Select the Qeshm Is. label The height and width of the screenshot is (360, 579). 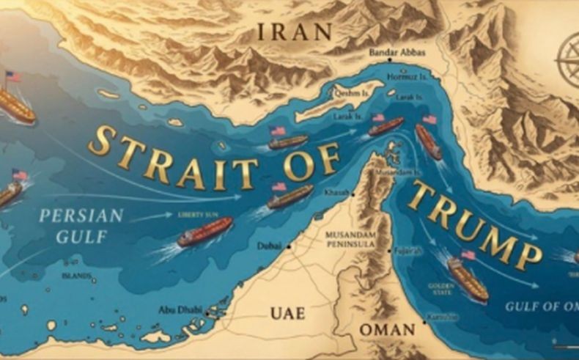pyautogui.click(x=353, y=95)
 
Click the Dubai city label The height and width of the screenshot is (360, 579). pyautogui.click(x=269, y=247)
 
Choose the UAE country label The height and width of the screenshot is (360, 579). pyautogui.click(x=287, y=313)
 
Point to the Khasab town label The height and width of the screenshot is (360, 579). pyautogui.click(x=336, y=193)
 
